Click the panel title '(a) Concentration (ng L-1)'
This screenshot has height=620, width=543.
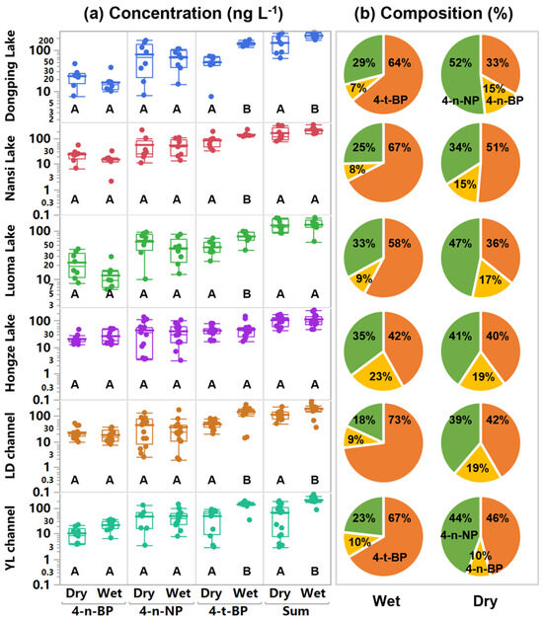click(183, 13)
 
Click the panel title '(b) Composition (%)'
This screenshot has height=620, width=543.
click(433, 13)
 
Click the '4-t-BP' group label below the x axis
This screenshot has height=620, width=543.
click(228, 611)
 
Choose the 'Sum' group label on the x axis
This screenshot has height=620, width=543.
click(296, 611)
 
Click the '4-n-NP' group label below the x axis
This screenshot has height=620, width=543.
click(160, 611)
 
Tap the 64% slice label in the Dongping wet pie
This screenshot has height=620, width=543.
click(399, 63)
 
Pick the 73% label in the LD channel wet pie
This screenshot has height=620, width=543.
click(399, 420)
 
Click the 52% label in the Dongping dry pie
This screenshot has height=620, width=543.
click(460, 63)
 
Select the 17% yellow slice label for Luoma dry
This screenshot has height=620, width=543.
click(490, 280)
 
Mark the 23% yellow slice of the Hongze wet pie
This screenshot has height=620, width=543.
click(380, 376)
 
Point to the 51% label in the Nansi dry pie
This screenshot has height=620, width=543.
click(498, 147)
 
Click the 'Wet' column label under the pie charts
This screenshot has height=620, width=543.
click(386, 601)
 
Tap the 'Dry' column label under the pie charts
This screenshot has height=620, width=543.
click(485, 601)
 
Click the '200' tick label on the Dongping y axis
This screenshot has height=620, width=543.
click(45, 40)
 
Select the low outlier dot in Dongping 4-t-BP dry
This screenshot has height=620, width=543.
click(211, 97)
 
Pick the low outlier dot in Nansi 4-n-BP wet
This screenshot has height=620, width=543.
click(112, 181)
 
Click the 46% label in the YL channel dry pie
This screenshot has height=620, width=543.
click(498, 518)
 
